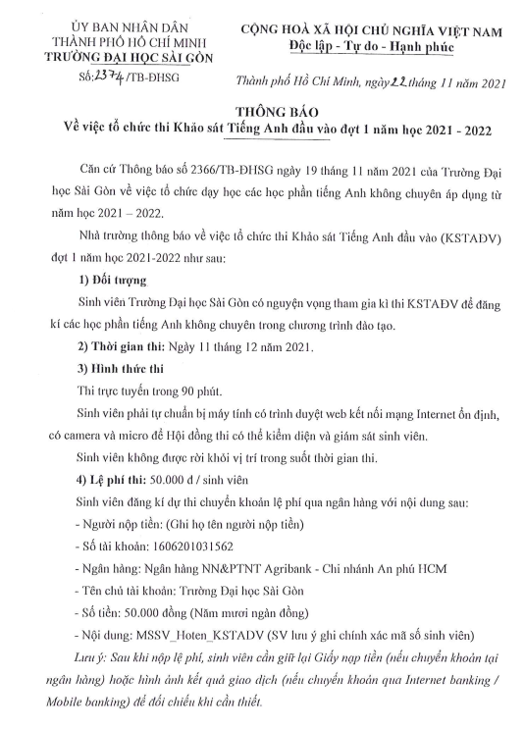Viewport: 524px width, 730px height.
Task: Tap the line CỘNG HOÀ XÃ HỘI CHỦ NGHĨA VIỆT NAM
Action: click(376, 28)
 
